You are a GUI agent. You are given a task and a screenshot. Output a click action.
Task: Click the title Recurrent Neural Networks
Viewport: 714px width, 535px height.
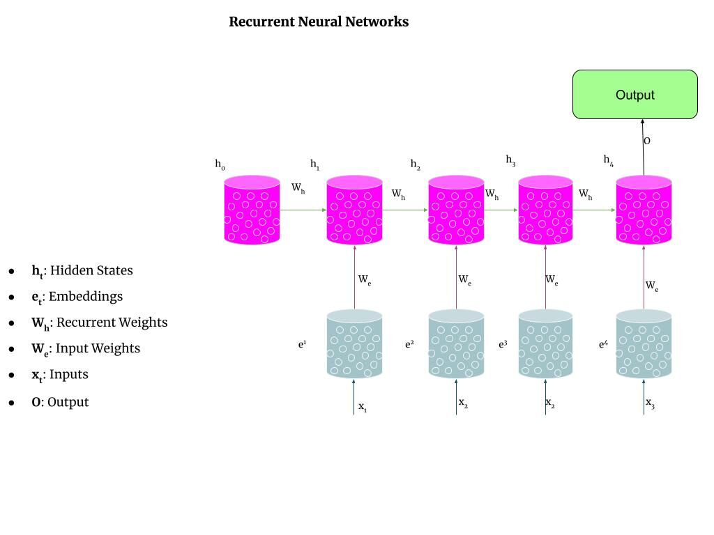(319, 22)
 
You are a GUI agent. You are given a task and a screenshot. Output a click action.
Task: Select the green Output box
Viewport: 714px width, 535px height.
(635, 95)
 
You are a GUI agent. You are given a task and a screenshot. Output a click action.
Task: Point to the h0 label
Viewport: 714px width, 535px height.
(220, 165)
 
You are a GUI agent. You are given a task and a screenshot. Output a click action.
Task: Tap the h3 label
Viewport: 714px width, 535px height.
(510, 160)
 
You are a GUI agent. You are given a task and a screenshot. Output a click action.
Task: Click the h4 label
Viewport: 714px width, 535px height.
(608, 160)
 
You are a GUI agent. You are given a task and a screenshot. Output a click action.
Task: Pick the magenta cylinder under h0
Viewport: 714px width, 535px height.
(252, 210)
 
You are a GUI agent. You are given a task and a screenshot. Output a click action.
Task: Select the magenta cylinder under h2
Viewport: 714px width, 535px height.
(456, 210)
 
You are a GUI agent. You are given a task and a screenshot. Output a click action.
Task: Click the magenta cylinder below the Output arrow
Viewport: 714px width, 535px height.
(644, 210)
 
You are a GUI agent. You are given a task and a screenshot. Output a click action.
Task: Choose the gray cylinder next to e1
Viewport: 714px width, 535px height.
(354, 344)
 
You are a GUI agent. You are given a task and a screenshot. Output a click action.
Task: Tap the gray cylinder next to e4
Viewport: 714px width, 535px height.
(644, 344)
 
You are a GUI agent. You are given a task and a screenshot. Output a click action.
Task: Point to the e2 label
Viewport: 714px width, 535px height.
(409, 344)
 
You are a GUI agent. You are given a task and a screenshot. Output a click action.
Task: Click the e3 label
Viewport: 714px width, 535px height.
(503, 344)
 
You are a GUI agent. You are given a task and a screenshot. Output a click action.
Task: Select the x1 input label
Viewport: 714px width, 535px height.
(363, 407)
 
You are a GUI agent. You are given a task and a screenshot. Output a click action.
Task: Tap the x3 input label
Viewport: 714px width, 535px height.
(650, 403)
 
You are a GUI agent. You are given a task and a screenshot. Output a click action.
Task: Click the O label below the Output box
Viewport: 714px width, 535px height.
(647, 141)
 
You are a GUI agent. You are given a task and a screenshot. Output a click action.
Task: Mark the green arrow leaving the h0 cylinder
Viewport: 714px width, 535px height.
(303, 209)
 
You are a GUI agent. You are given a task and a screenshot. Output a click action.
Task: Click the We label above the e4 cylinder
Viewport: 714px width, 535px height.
(651, 286)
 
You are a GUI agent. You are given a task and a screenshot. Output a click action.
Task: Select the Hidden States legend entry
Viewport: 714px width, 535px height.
(82, 271)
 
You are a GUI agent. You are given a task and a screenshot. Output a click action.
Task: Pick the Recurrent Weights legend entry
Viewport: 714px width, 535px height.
(99, 323)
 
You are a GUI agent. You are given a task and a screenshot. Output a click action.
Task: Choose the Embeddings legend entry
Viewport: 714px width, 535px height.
(77, 297)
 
